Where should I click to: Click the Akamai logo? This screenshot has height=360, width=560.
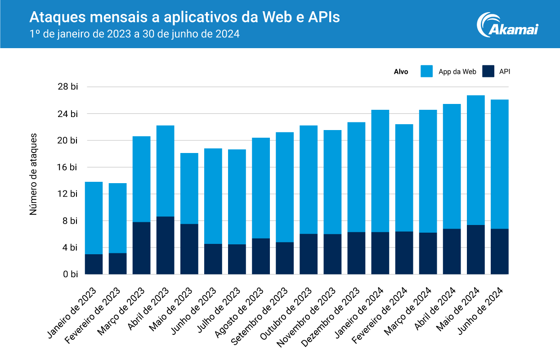[507, 24]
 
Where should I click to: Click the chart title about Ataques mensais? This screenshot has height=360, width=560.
[184, 17]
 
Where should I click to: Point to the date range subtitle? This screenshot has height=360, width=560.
[134, 34]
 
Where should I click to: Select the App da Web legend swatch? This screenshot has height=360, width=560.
[426, 71]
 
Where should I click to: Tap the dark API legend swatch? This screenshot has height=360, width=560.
[488, 71]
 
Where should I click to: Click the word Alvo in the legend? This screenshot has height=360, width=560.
[401, 72]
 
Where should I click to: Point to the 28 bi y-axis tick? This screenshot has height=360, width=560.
[68, 87]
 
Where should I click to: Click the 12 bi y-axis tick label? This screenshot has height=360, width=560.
[68, 194]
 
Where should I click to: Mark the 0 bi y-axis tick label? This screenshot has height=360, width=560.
[70, 274]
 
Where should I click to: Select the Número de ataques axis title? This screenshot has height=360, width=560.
[34, 174]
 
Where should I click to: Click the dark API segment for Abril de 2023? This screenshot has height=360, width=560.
[165, 245]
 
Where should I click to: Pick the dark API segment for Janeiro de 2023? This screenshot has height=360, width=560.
[94, 264]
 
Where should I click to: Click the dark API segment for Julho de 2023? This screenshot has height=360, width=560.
[237, 259]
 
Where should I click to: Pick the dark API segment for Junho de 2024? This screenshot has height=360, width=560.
[500, 252]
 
